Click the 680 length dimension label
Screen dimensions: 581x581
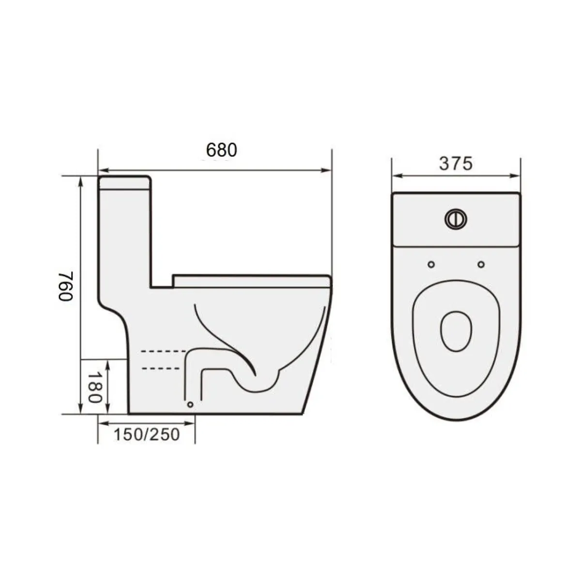click(x=222, y=150)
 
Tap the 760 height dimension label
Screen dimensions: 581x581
click(x=66, y=286)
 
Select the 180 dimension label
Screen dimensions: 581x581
click(x=94, y=387)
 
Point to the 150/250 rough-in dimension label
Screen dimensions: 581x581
click(x=147, y=434)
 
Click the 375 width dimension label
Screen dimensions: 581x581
click(x=455, y=164)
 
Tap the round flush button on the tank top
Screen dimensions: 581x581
click(x=456, y=218)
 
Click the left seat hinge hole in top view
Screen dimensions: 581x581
click(x=431, y=264)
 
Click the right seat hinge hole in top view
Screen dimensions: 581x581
click(x=481, y=264)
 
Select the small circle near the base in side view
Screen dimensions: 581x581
click(x=190, y=404)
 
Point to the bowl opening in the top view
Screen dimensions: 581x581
click(x=456, y=331)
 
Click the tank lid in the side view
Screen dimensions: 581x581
click(x=124, y=183)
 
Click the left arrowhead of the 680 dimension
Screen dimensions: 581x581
click(x=102, y=170)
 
